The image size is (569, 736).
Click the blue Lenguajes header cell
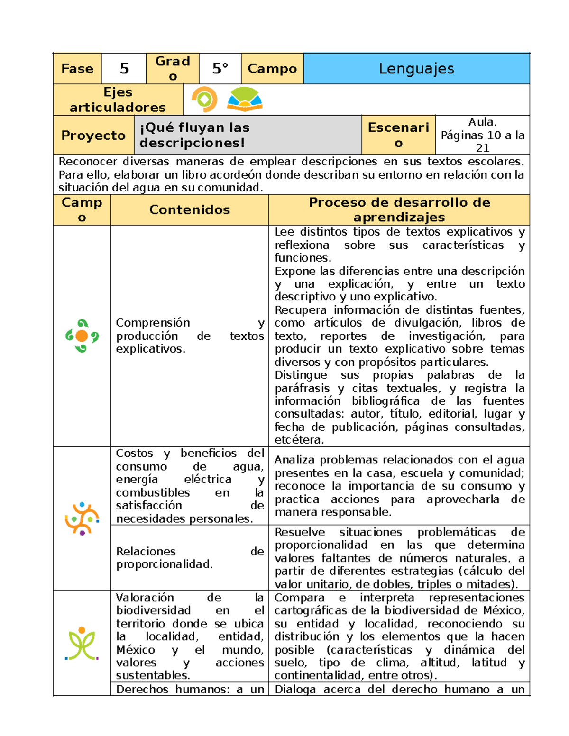coord(416,69)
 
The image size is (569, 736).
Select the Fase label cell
coord(77,69)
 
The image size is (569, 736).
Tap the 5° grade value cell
coord(220,69)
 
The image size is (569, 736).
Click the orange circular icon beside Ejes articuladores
coord(204,100)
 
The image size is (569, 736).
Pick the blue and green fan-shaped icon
coord(244,100)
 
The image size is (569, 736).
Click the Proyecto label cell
coord(93,136)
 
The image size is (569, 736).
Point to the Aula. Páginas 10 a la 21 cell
coord(482,135)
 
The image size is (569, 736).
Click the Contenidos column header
coord(189,210)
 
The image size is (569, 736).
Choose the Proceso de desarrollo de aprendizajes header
coord(399,209)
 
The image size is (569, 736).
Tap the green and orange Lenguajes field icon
coord(82,336)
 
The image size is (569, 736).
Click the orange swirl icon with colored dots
coord(82,519)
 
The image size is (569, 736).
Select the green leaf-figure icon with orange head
coord(82,644)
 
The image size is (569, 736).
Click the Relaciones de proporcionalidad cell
coord(190,558)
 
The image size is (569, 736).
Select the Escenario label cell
coord(398,135)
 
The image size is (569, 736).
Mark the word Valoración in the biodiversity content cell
coord(145,598)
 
